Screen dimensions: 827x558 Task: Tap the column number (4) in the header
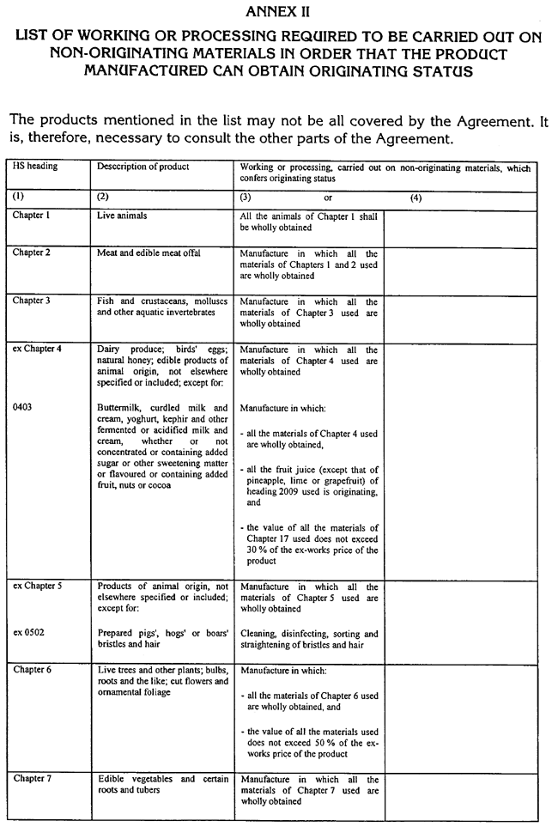[416, 197]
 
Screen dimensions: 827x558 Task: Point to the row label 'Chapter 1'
[32, 215]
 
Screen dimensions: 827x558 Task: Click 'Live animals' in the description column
[122, 216]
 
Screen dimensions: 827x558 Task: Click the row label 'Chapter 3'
[32, 301]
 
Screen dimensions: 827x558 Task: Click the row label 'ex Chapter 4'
[38, 350]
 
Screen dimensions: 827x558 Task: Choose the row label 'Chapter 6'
[32, 669]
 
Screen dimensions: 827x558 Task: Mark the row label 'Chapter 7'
[32, 778]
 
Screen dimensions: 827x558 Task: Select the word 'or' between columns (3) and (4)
[328, 197]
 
